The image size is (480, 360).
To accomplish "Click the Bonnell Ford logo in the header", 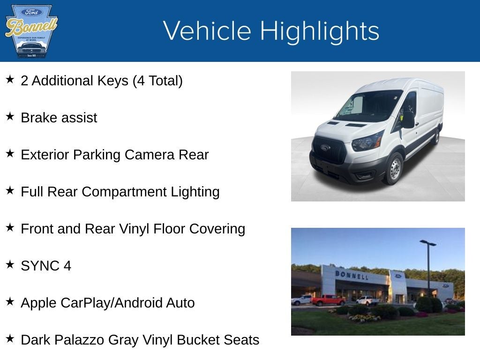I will pyautogui.click(x=31, y=31).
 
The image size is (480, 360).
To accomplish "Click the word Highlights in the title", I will pyautogui.click(x=319, y=31).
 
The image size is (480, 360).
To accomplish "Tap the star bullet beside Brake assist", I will pyautogui.click(x=10, y=116).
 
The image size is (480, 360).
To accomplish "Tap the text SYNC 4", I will pyautogui.click(x=46, y=266).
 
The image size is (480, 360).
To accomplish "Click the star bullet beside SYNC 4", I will pyautogui.click(x=10, y=264).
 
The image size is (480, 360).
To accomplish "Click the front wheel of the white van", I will pyautogui.click(x=394, y=168).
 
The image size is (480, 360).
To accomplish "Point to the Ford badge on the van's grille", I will pyautogui.click(x=325, y=148).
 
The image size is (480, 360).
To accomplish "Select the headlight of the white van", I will pyautogui.click(x=367, y=141).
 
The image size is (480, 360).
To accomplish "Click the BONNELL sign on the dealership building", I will pyautogui.click(x=352, y=275).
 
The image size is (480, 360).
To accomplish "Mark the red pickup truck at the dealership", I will pyautogui.click(x=328, y=300).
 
